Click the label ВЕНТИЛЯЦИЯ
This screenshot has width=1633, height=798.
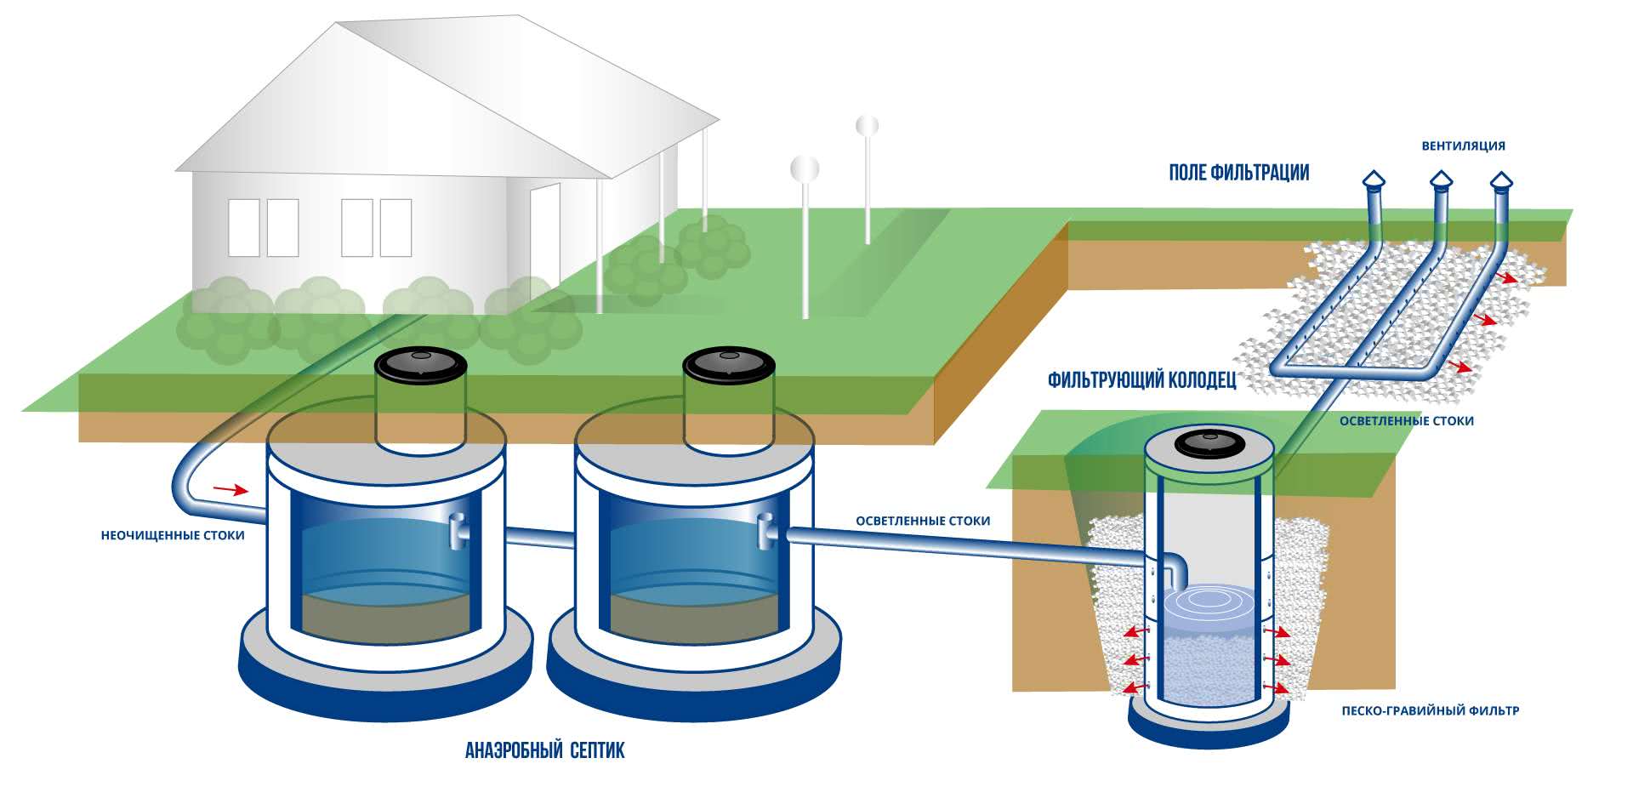1463,145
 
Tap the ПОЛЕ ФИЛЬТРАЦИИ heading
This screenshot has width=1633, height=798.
1238,173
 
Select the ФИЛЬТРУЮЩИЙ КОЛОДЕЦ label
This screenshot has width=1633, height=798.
1141,379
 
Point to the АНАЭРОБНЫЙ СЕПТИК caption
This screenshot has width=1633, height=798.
544,750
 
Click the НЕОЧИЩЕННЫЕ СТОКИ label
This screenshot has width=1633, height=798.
173,536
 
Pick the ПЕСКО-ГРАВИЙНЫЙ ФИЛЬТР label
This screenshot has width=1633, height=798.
1430,710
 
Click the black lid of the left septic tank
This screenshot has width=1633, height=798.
421,365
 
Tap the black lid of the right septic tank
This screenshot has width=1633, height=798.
729,365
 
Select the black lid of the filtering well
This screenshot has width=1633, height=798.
1208,443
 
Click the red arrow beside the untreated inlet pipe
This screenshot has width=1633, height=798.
230,489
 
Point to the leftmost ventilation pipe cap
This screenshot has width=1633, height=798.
1374,180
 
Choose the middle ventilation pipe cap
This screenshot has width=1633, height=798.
1440,180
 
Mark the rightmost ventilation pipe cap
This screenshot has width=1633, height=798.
1501,180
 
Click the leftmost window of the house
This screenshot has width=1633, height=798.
244,228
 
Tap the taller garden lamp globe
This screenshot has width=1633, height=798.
867,126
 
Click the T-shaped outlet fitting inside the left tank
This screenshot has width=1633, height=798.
458,532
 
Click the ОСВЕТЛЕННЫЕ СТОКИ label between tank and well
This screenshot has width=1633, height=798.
923,521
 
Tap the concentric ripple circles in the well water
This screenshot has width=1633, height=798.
1208,599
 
